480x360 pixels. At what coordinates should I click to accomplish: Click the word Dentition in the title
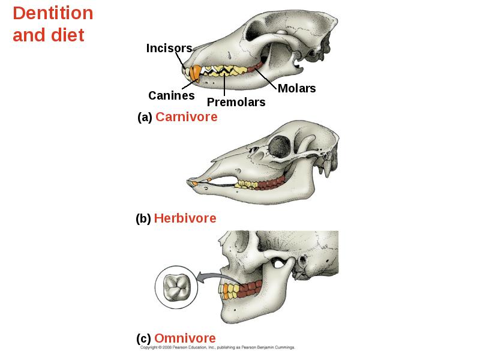53,13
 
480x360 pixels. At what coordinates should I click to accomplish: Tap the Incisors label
169,48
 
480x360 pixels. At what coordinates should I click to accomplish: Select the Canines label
172,95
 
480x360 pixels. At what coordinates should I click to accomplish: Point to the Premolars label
236,102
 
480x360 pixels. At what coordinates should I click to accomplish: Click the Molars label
296,88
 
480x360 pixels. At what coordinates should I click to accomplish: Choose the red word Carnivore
187,117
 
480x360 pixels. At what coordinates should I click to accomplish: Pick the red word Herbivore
185,218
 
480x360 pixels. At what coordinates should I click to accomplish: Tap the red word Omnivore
185,338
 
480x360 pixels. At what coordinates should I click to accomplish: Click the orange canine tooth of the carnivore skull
194,74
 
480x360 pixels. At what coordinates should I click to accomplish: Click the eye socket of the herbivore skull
279,146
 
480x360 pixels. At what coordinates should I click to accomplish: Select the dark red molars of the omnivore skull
250,289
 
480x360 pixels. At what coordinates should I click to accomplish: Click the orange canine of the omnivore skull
226,291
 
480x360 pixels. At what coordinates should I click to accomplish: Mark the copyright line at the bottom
217,347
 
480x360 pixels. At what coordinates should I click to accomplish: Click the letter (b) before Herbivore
143,218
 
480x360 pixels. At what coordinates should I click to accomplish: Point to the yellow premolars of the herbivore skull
247,184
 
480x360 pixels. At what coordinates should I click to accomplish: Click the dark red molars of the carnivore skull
256,67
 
